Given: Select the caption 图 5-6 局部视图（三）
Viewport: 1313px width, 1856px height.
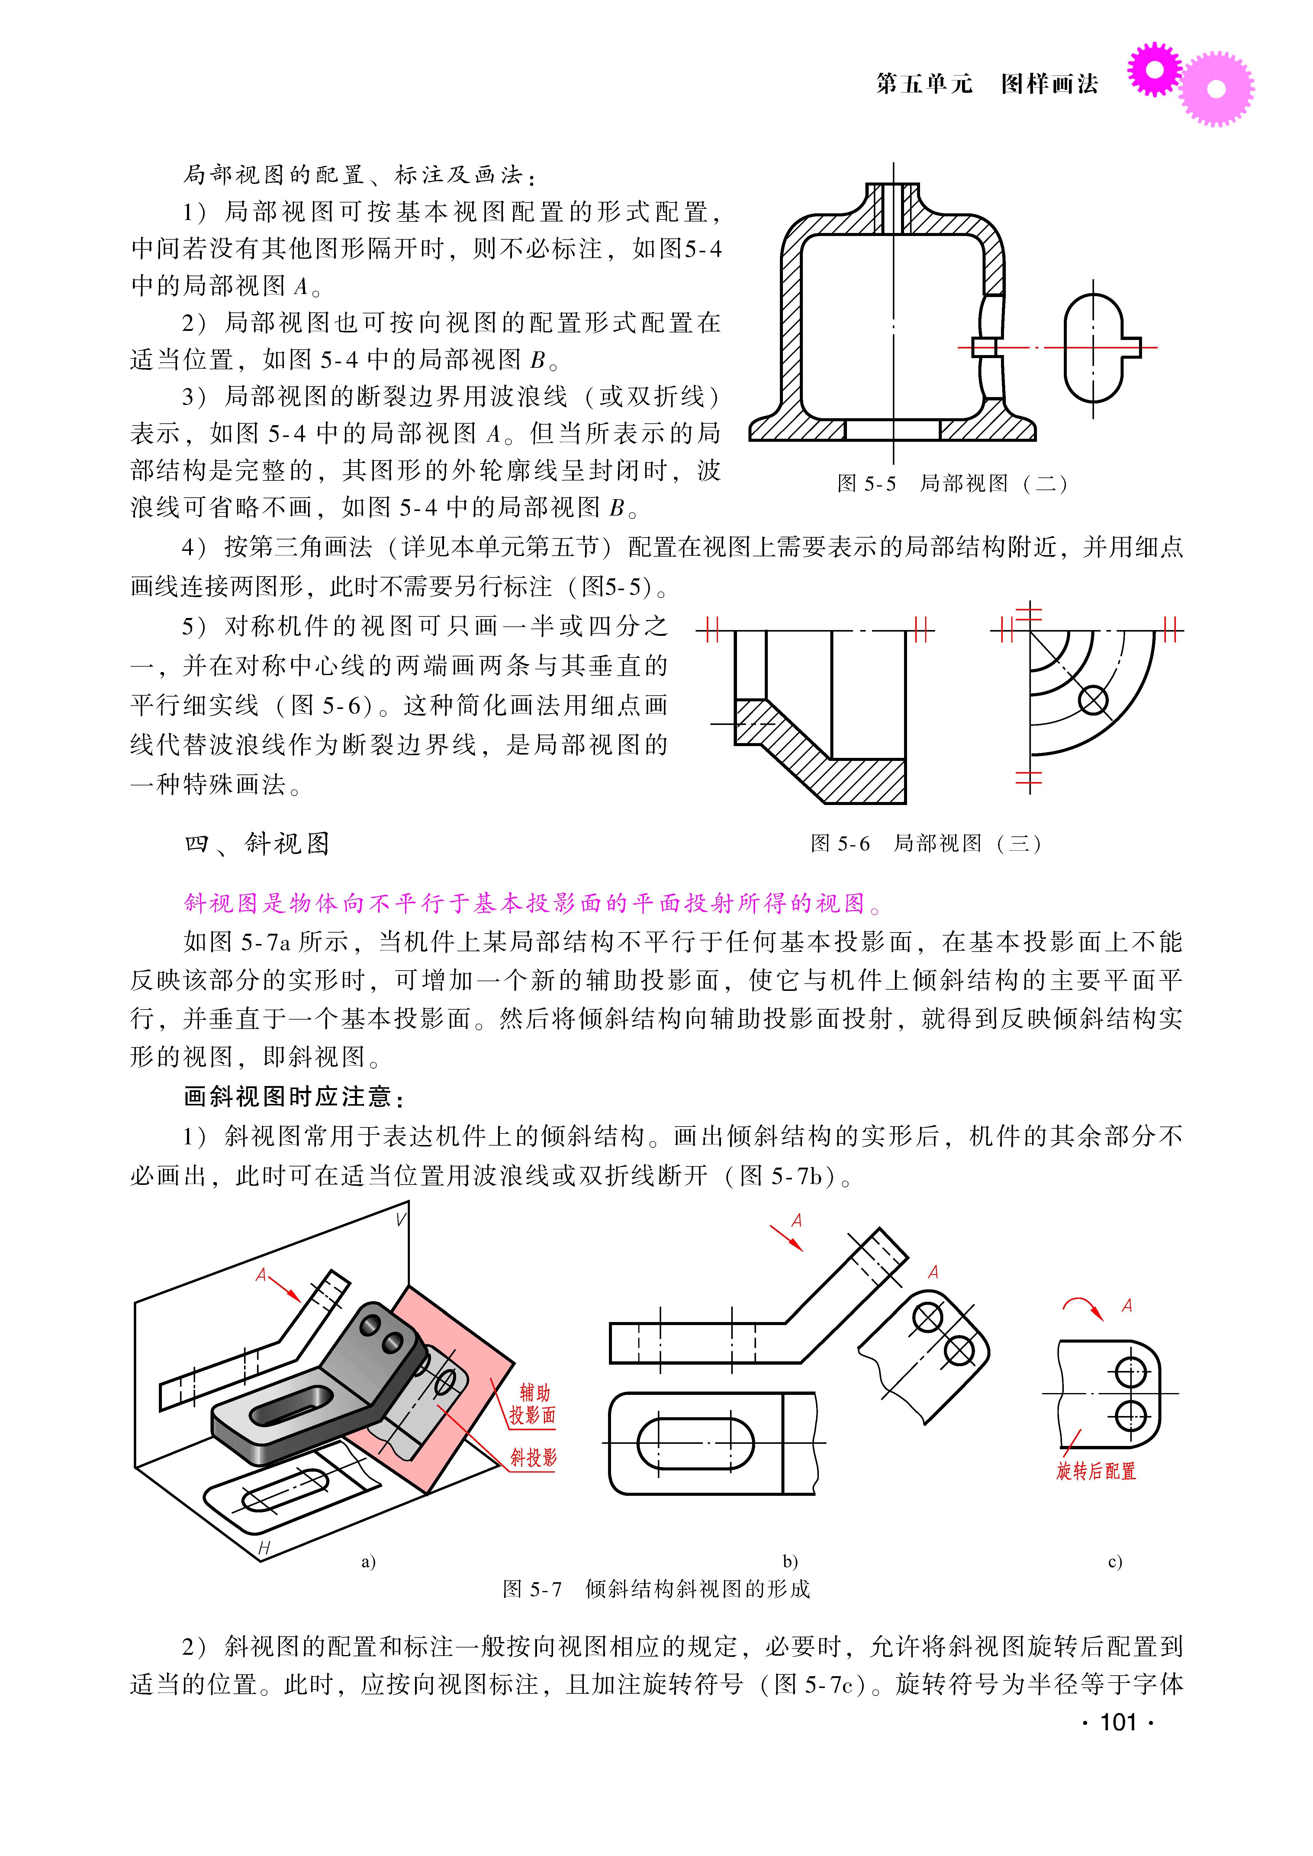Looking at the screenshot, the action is (926, 843).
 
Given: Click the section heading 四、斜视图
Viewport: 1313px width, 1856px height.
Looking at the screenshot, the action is (257, 843).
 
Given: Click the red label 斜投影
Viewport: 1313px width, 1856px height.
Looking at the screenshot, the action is (533, 1457).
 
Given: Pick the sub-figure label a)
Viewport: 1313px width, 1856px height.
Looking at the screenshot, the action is (369, 1561).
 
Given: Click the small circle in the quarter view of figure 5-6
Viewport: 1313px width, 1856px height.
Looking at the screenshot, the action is (1093, 700).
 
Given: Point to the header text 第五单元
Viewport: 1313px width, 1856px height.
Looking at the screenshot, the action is (924, 83).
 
